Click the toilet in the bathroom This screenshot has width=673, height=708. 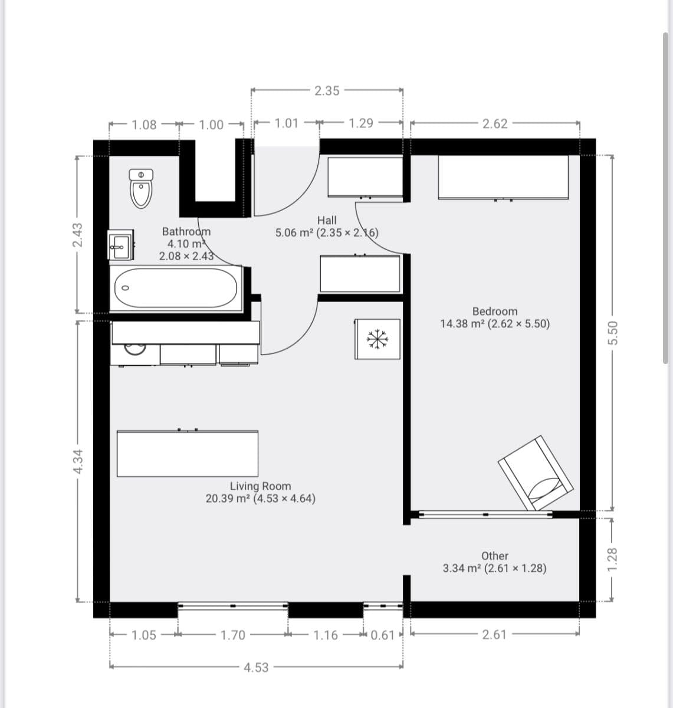point(142,189)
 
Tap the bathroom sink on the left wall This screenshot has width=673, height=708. point(120,245)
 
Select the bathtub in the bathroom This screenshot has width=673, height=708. point(176,288)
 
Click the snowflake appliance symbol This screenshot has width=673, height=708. point(377,339)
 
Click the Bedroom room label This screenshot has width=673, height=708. point(495,312)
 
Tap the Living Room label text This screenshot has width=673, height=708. point(260,486)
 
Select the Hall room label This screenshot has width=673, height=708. point(327,220)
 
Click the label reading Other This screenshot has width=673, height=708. point(494,556)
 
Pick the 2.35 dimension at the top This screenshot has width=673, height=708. point(327,91)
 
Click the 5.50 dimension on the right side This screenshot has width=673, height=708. point(613,334)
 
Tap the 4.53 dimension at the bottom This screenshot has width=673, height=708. point(256,667)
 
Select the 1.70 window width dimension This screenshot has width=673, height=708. point(233,635)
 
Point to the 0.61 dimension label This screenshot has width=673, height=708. point(383,635)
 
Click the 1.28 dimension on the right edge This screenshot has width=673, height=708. point(613,558)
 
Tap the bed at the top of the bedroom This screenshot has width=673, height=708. point(503,177)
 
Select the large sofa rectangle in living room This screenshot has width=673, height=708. point(188,454)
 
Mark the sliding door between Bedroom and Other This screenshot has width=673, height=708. point(485,514)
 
